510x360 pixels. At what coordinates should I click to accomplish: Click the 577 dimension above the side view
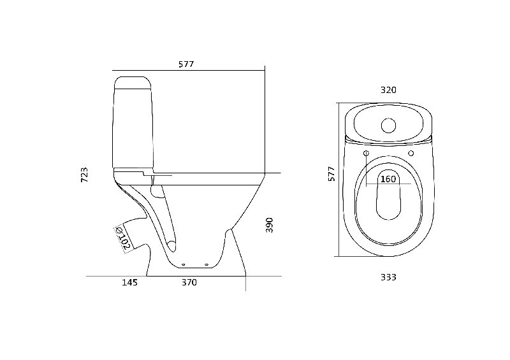pyautogui.click(x=186, y=64)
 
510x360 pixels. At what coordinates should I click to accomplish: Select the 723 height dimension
pyautogui.click(x=84, y=175)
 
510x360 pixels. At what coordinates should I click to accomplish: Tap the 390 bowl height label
pyautogui.click(x=269, y=225)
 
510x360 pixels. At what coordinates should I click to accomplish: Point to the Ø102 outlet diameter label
pyautogui.click(x=123, y=239)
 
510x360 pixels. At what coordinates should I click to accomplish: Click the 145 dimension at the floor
pyautogui.click(x=130, y=282)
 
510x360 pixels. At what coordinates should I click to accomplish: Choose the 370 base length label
pyautogui.click(x=189, y=282)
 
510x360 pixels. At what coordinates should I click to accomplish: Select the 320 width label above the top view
pyautogui.click(x=388, y=90)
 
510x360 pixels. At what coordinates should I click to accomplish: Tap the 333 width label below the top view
pyautogui.click(x=388, y=277)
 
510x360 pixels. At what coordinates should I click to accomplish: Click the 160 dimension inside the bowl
pyautogui.click(x=388, y=179)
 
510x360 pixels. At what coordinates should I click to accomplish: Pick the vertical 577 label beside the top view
pyautogui.click(x=331, y=174)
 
